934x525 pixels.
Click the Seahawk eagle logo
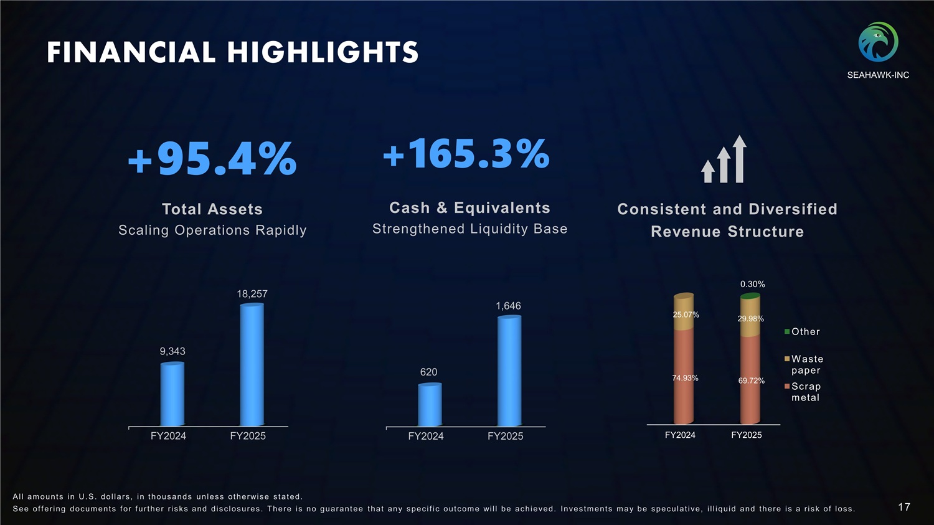click(878, 42)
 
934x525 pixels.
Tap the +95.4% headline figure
click(212, 159)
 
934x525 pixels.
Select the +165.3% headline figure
click(466, 154)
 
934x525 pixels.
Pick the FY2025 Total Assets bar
click(252, 365)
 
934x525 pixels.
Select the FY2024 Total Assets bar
click(172, 394)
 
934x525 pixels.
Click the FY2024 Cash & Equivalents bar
click(430, 405)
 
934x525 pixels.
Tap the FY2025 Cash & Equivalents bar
click(509, 371)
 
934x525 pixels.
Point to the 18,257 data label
click(252, 293)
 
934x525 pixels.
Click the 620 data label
click(428, 372)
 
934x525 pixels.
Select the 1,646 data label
click(508, 306)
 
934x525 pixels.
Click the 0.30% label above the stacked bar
click(752, 284)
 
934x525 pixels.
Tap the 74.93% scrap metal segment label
click(685, 378)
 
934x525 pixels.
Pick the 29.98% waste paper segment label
click(750, 319)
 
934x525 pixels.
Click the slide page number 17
click(904, 507)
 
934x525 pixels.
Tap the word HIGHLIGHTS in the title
click(323, 52)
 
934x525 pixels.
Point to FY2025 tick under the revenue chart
click(746, 435)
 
